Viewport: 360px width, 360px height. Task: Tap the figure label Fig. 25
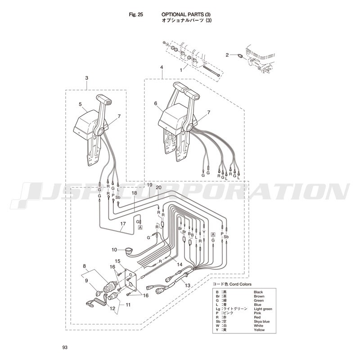coord(136,15)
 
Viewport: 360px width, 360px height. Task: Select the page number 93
coord(65,347)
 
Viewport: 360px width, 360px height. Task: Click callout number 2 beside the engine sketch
coord(227,55)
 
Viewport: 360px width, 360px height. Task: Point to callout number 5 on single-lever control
coord(80,104)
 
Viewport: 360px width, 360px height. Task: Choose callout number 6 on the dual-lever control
coord(156,103)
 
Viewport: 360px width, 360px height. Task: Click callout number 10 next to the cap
coord(114,250)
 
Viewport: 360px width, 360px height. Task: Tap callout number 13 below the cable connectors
coord(188,285)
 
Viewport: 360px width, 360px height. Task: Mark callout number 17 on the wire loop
coord(123,224)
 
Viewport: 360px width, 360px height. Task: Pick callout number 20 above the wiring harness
coord(159,188)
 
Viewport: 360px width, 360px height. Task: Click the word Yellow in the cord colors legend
coord(259,330)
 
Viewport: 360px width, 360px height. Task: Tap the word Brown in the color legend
coord(259,297)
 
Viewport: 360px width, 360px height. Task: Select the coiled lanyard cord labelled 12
coord(96,302)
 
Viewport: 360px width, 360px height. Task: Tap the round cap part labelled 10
coord(128,250)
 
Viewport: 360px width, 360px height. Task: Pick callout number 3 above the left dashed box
coord(86,78)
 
